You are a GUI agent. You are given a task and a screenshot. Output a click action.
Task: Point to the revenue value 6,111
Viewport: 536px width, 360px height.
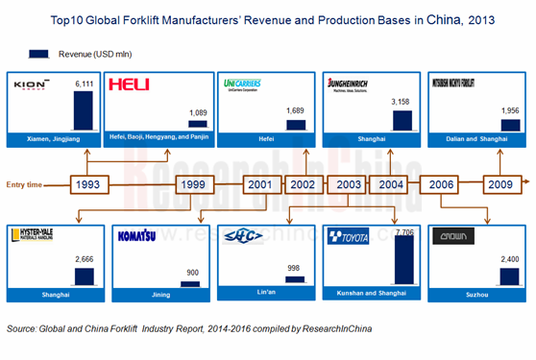pyautogui.click(x=85, y=84)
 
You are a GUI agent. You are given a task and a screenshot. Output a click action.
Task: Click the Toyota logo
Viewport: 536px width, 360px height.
pyautogui.click(x=349, y=236)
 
